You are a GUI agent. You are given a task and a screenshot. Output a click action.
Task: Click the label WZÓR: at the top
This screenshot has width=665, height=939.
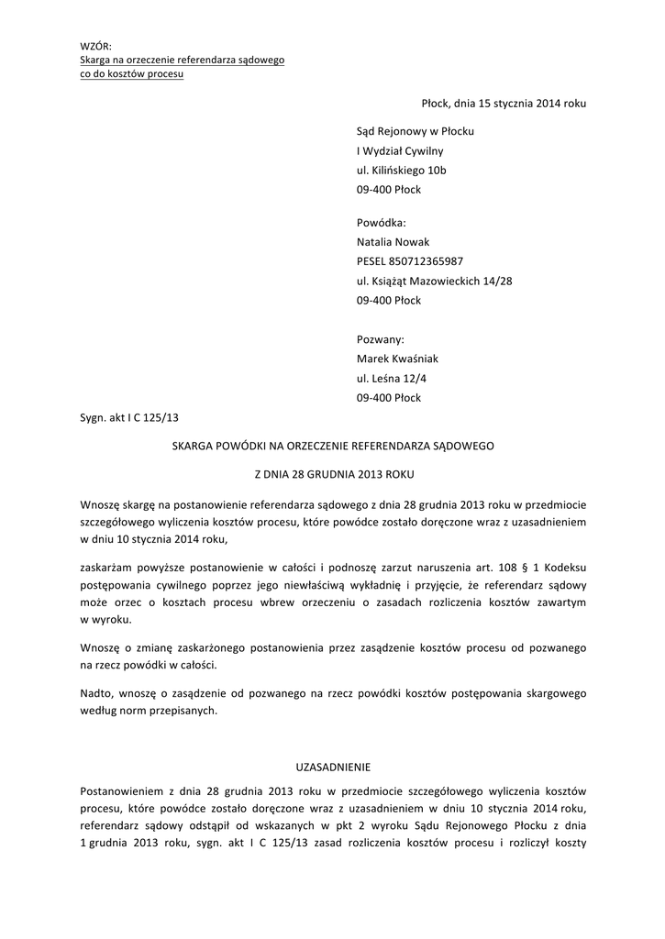pos(94,45)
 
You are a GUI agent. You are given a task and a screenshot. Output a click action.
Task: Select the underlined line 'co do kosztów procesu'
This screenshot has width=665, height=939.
pos(131,73)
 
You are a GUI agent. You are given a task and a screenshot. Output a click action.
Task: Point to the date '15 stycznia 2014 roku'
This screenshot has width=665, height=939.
pos(532,104)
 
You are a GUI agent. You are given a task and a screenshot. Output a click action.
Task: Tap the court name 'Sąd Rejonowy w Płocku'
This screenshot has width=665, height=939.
pos(415,131)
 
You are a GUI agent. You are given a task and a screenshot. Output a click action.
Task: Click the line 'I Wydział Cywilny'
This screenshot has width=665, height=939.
pos(400,150)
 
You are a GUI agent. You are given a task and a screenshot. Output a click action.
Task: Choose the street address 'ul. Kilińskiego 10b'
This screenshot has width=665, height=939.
pos(402,171)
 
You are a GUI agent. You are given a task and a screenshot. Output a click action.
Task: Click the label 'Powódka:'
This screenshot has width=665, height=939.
pos(380,222)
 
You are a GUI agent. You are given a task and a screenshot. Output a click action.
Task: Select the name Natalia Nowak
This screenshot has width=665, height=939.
pos(393,242)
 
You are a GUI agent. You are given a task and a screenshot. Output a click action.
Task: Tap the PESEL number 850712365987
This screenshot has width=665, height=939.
pos(410,261)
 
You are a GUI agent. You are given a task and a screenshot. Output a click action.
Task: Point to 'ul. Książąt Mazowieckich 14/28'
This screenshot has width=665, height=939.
pos(434,281)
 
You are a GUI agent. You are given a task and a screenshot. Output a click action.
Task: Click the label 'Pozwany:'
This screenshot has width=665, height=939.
pos(380,339)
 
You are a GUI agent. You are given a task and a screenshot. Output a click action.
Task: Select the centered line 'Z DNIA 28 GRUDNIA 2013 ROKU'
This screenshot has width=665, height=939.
pos(333,475)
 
